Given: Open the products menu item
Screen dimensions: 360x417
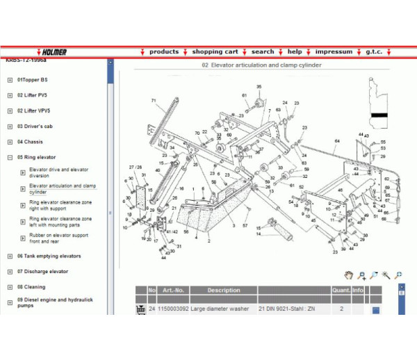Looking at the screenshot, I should [164, 51].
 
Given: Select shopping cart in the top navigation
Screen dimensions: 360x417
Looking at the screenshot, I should [215, 51].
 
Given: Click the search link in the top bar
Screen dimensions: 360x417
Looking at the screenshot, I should [263, 51].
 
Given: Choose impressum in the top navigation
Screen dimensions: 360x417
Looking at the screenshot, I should [334, 51].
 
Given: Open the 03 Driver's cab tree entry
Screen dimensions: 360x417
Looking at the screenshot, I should [35, 126].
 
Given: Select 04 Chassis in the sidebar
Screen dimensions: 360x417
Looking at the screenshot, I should [30, 142].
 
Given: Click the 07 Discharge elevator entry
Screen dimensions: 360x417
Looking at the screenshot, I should [42, 271].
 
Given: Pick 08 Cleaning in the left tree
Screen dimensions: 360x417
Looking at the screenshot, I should [31, 286].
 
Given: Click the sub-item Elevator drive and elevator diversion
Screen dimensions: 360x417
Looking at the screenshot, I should [59, 172].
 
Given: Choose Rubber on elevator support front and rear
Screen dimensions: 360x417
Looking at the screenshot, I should [58, 238].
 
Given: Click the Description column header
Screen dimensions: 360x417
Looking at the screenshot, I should [223, 291].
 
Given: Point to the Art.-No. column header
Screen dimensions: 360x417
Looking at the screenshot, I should [172, 291].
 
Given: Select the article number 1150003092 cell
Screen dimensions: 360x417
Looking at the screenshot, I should [172, 308].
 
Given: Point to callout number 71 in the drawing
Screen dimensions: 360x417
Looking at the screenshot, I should [154, 101].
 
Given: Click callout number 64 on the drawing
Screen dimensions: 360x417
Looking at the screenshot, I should [337, 142].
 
